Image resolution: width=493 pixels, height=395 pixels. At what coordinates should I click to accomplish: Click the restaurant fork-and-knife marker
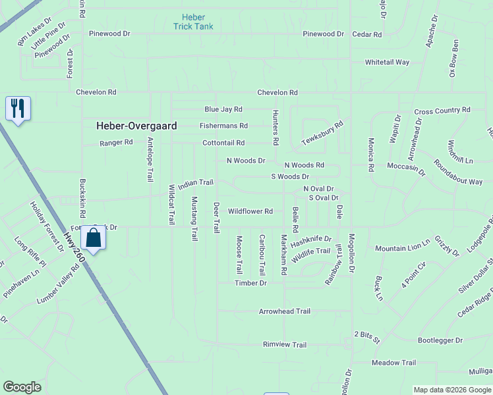coord(18,108)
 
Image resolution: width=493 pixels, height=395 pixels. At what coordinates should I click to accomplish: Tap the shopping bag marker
coord(94,238)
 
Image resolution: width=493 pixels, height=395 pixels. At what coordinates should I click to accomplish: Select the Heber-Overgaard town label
coord(136,125)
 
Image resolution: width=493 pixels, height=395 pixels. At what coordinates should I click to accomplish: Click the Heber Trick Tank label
coord(194,22)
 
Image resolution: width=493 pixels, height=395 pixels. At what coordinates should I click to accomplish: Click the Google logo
coord(22,387)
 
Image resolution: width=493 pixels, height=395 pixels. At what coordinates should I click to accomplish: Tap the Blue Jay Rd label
coord(223,109)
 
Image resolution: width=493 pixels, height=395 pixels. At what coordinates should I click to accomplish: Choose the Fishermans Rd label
coord(224,126)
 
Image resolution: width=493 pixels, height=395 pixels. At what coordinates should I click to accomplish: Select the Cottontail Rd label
coord(223,143)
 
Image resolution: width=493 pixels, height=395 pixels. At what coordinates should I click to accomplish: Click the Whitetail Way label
coord(388,63)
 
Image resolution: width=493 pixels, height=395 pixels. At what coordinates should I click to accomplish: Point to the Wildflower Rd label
coord(250,211)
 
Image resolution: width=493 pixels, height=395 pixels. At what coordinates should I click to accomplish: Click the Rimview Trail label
coord(285,345)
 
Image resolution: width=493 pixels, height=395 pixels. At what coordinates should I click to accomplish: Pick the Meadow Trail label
coord(393,363)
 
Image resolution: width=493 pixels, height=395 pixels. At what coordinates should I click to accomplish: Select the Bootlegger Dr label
coord(440,341)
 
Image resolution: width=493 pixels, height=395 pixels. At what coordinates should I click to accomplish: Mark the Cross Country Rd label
coord(442,110)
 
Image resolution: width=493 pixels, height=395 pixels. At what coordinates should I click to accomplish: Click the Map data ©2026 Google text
coord(451,390)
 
